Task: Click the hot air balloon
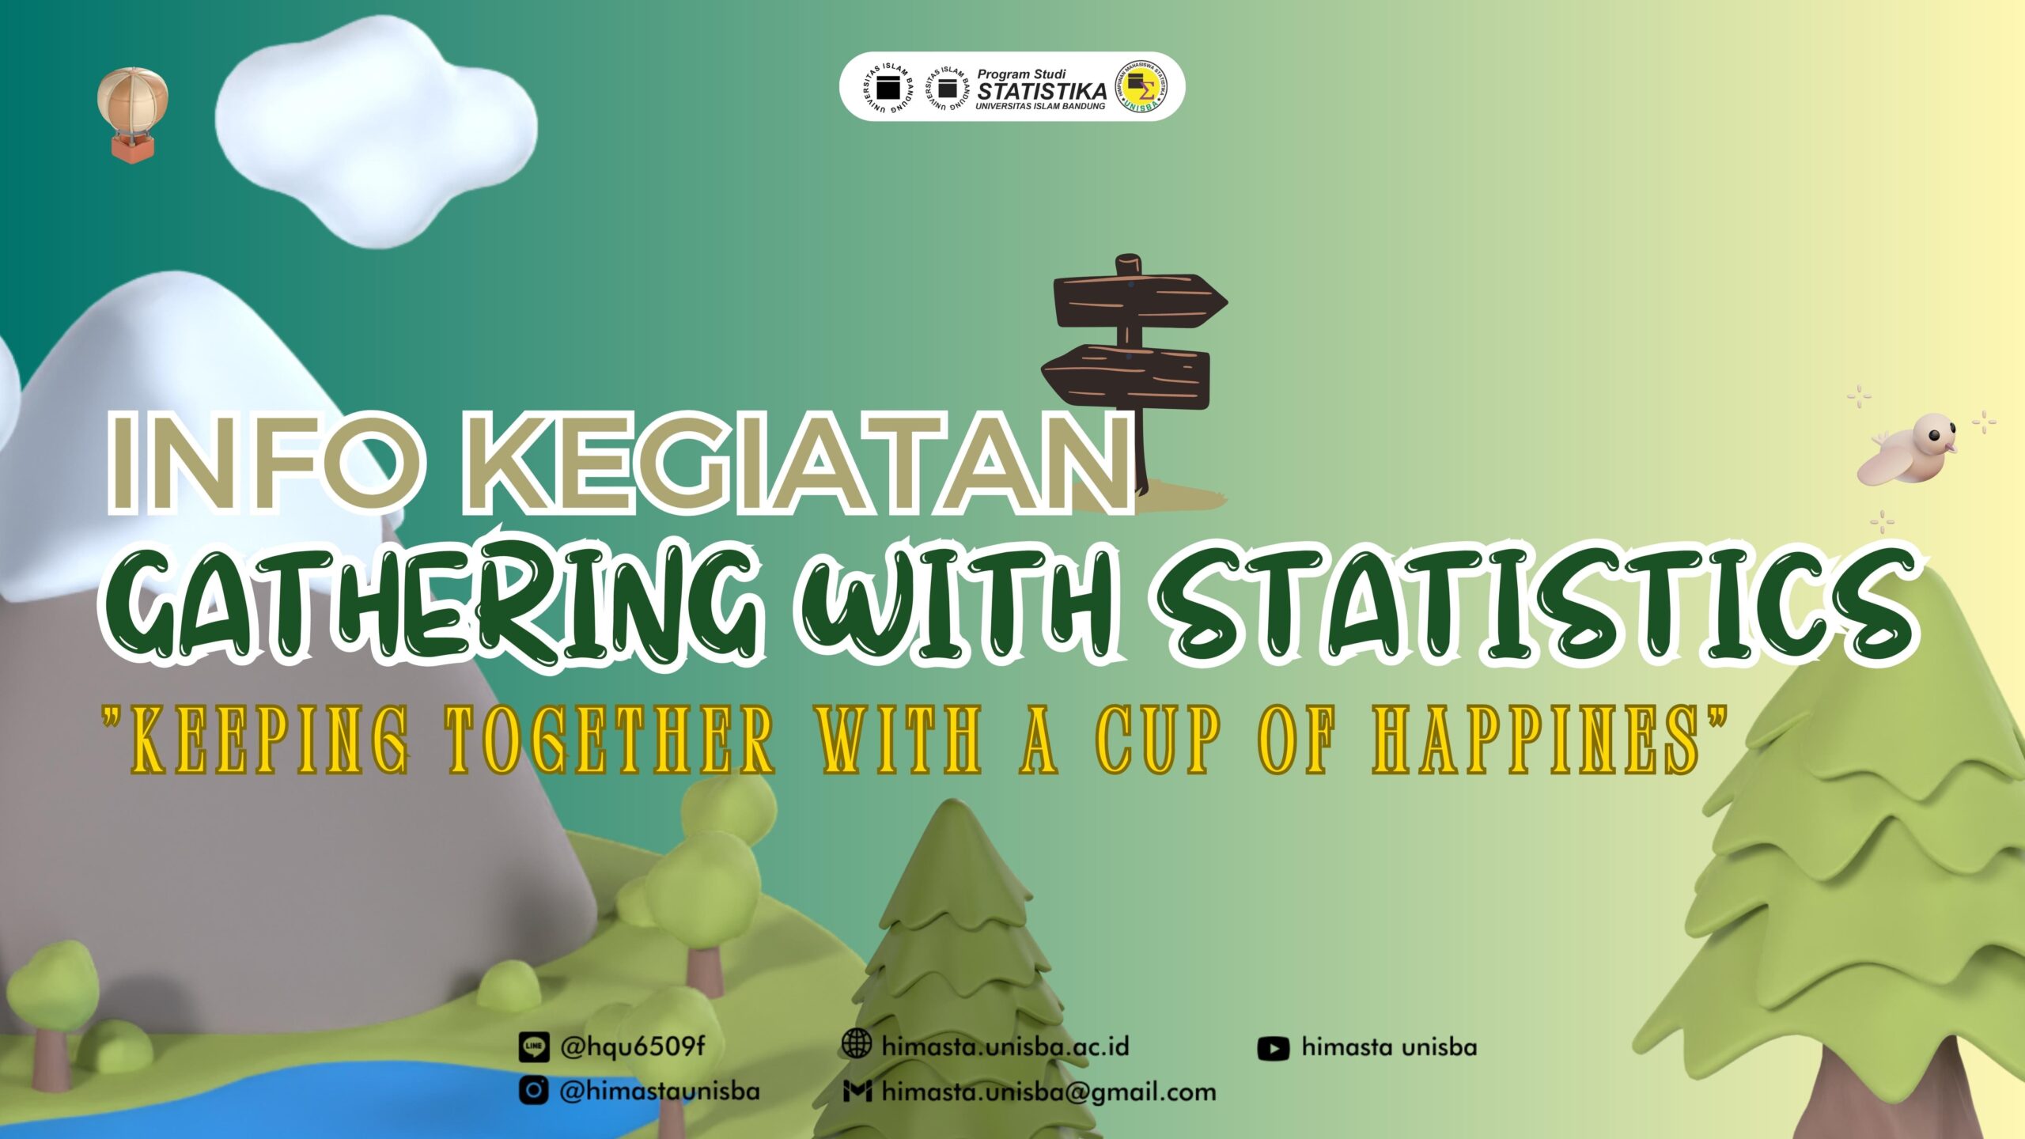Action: pos(132,113)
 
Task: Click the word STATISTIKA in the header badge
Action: pos(1042,91)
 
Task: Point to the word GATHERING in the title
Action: pos(430,606)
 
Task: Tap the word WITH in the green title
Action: pos(962,606)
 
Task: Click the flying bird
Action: pos(1908,450)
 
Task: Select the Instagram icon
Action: pos(534,1091)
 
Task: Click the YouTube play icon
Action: pos(1273,1049)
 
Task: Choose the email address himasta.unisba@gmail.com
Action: pos(1049,1092)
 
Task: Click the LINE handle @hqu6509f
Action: pos(632,1047)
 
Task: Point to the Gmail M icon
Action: pos(857,1092)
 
